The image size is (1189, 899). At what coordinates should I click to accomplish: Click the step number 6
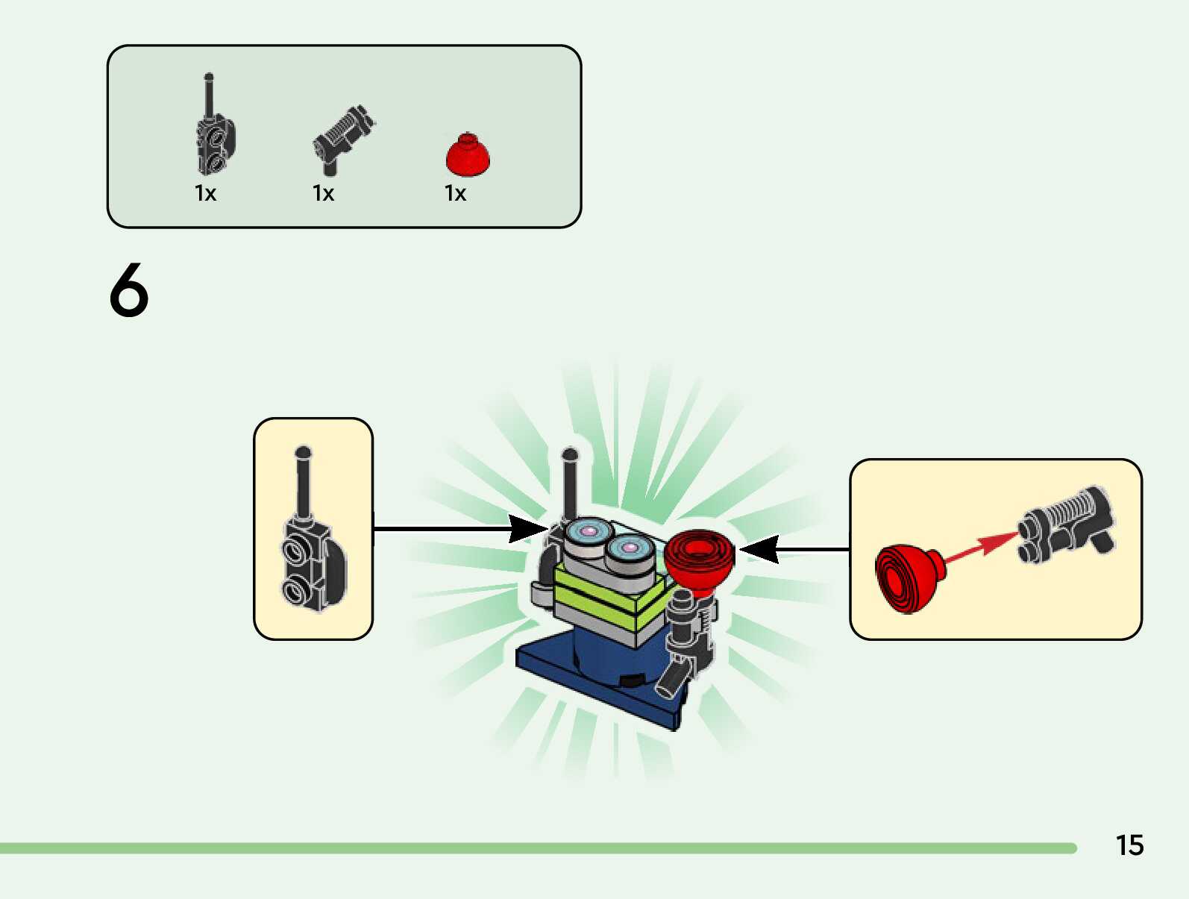pyautogui.click(x=129, y=290)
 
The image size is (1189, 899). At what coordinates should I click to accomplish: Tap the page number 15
pyautogui.click(x=1129, y=845)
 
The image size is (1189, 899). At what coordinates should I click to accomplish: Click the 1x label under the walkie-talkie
pyautogui.click(x=205, y=194)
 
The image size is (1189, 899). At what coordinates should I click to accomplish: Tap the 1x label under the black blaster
pyautogui.click(x=323, y=194)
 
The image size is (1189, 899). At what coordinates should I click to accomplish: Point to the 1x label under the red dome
pyautogui.click(x=455, y=194)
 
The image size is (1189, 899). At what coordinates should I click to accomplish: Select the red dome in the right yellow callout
pyautogui.click(x=908, y=577)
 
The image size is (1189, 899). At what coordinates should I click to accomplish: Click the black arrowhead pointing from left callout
pyautogui.click(x=528, y=528)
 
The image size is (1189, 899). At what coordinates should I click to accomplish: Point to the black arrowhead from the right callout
pyautogui.click(x=759, y=550)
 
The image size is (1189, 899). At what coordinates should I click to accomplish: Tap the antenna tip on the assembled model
pyautogui.click(x=570, y=454)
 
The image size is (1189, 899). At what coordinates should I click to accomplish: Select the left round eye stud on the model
pyautogui.click(x=589, y=533)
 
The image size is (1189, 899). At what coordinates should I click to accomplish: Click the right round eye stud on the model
pyautogui.click(x=630, y=549)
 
